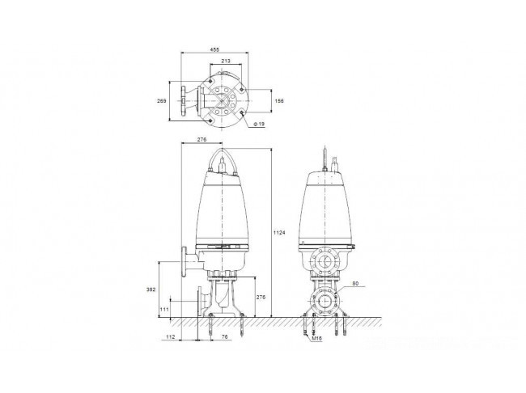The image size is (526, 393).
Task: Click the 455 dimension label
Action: pos(214,49)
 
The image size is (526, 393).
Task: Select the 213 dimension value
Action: pos(226,61)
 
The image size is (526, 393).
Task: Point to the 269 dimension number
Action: pos(162,100)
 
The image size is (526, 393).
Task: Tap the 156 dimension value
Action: pos(279,100)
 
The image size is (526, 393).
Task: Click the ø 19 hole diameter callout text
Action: pos(259,124)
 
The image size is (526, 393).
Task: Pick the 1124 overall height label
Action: pos(279,232)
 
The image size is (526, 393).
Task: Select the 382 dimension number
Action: pos(151,289)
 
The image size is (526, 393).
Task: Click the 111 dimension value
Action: pos(164,310)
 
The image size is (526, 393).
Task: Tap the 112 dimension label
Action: pos(171,337)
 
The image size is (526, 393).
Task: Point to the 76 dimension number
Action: pos(225,337)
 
